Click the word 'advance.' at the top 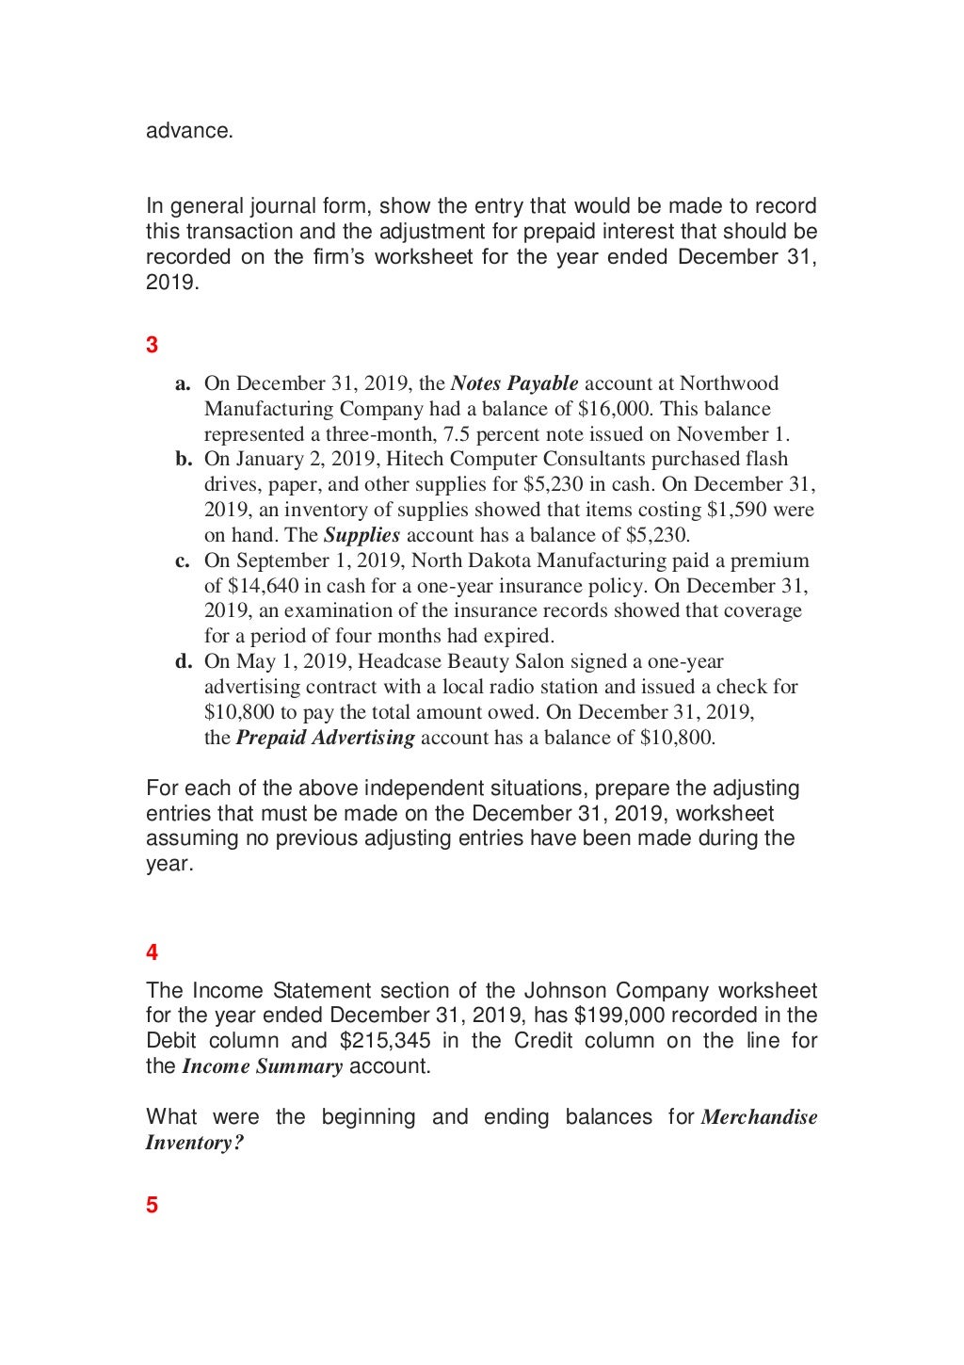pyautogui.click(x=189, y=131)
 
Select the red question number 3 pyautogui.click(x=152, y=346)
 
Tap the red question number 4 pyautogui.click(x=152, y=952)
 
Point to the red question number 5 pyautogui.click(x=152, y=1205)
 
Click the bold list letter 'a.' pyautogui.click(x=184, y=383)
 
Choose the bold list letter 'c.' pyautogui.click(x=184, y=561)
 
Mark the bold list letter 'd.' pyautogui.click(x=184, y=661)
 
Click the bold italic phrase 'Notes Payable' pyautogui.click(x=514, y=383)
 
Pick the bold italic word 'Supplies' pyautogui.click(x=361, y=535)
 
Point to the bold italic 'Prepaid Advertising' pyautogui.click(x=325, y=738)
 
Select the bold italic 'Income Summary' pyautogui.click(x=262, y=1066)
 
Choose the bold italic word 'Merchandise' pyautogui.click(x=759, y=1117)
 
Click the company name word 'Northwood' pyautogui.click(x=729, y=383)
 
